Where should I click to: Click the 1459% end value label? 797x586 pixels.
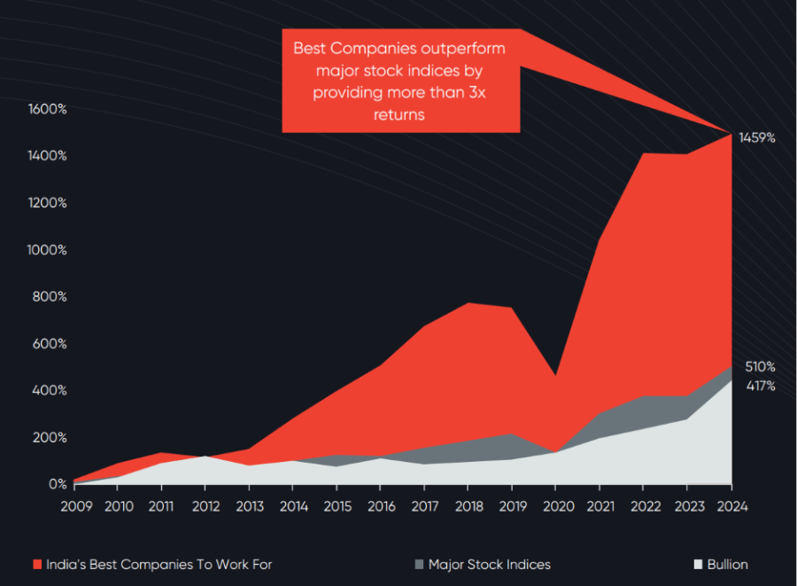coord(758,138)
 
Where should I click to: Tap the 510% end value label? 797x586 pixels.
coord(760,366)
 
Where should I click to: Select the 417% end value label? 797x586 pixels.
coord(760,386)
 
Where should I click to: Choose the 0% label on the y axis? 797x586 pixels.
coord(56,484)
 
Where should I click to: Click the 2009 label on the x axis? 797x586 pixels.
coord(75,506)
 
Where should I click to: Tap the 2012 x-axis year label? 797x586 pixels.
coord(205,506)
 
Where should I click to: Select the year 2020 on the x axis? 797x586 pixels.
coord(555,506)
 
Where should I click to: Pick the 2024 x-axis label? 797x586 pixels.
coord(731,506)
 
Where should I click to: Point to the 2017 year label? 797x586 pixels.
coord(424,506)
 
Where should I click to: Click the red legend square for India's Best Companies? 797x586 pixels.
coord(37,565)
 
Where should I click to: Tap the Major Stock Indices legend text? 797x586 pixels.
coord(489,565)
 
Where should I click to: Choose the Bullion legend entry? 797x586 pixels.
coord(726,565)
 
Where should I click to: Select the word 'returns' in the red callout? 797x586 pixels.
coord(399,114)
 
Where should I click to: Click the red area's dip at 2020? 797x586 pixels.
coord(555,376)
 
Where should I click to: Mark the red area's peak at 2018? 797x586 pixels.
coord(468,304)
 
